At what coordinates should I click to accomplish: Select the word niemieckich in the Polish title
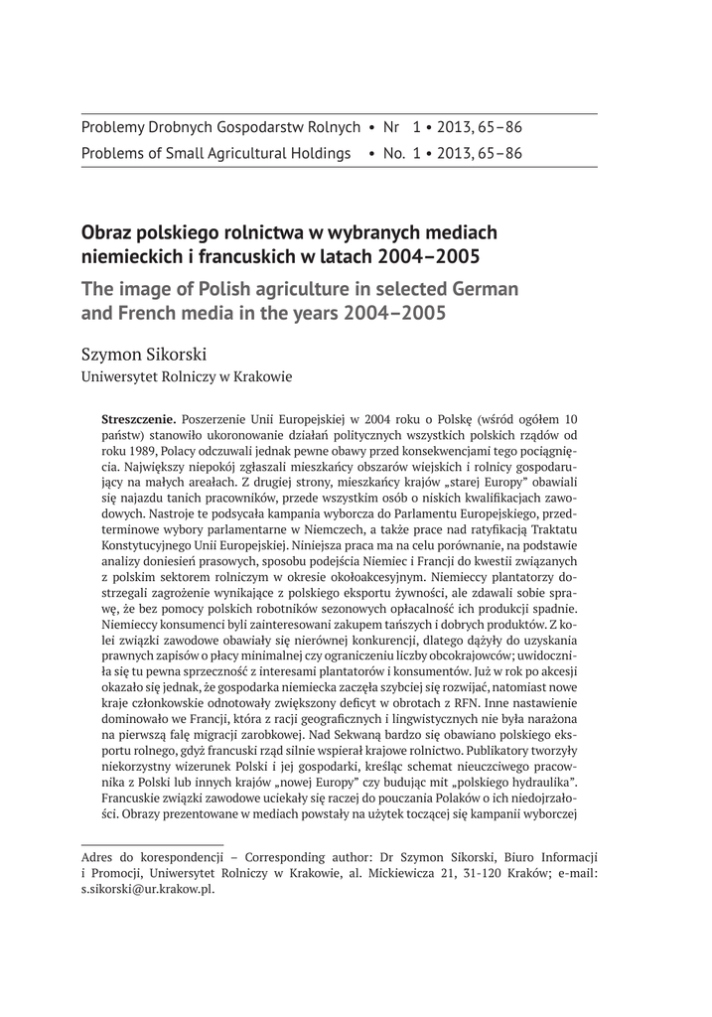coord(126,258)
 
